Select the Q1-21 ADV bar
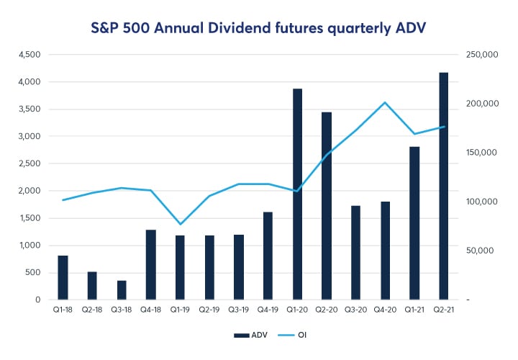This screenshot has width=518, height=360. pyautogui.click(x=414, y=223)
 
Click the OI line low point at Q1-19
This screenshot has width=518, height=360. pyautogui.click(x=181, y=224)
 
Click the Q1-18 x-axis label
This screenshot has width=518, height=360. pyautogui.click(x=63, y=311)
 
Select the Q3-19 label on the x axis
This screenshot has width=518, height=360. pyautogui.click(x=239, y=311)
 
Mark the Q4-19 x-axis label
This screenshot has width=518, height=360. pyautogui.click(x=268, y=311)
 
